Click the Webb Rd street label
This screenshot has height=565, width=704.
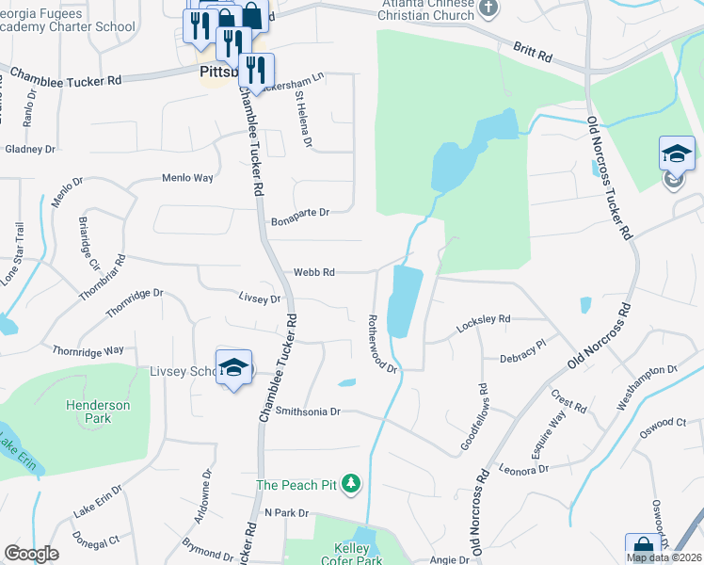(x=314, y=272)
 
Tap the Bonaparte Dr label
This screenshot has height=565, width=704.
(x=299, y=213)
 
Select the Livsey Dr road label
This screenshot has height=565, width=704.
(x=260, y=299)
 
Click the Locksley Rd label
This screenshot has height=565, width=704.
(x=483, y=321)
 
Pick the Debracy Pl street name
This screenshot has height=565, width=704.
(x=523, y=350)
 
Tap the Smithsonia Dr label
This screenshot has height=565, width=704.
(x=307, y=412)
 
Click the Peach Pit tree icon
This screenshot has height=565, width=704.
(x=351, y=484)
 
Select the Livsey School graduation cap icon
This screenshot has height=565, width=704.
(x=233, y=368)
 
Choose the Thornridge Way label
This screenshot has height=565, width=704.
(x=88, y=349)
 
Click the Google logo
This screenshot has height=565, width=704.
(x=31, y=554)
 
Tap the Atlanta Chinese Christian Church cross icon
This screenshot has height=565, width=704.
(x=488, y=8)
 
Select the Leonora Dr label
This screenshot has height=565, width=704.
(x=523, y=469)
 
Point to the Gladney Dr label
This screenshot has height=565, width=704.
(x=31, y=149)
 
